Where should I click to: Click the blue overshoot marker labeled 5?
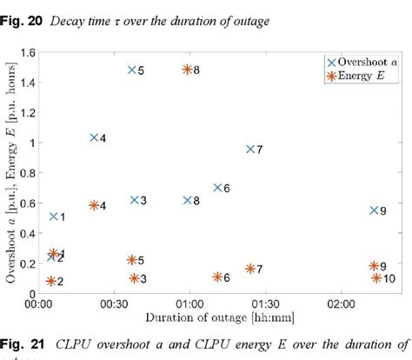(132, 70)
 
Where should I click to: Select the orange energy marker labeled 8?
(187, 70)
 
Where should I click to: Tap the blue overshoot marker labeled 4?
(94, 137)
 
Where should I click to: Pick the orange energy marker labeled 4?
(94, 205)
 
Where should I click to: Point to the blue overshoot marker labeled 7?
(250, 149)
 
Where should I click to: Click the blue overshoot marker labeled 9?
(374, 210)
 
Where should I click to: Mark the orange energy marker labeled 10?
(376, 277)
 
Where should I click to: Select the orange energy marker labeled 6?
(217, 277)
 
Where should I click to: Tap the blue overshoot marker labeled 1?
(54, 216)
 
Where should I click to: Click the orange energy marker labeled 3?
(135, 278)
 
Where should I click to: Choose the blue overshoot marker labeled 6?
(218, 187)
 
